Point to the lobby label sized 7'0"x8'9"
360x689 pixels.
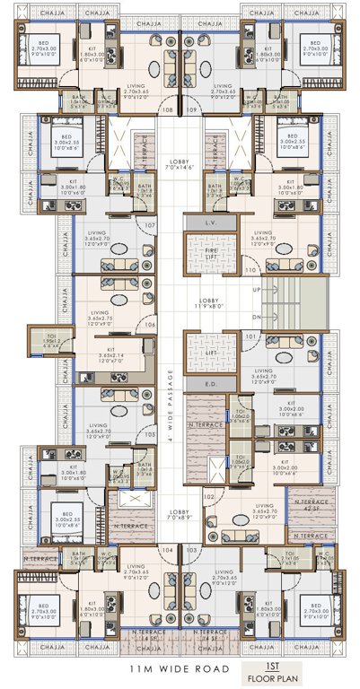(178, 518)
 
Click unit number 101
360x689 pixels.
(250, 336)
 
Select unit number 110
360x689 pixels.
(250, 268)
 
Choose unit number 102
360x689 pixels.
(208, 495)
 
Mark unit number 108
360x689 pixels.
(167, 109)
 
